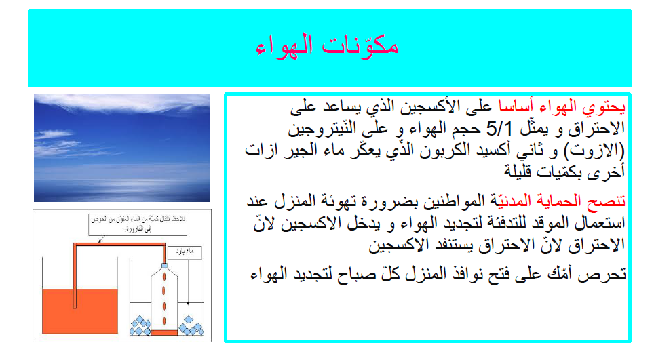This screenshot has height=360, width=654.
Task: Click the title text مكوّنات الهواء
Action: pyautogui.click(x=327, y=45)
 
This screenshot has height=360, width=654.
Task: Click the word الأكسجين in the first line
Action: pyautogui.click(x=421, y=107)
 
